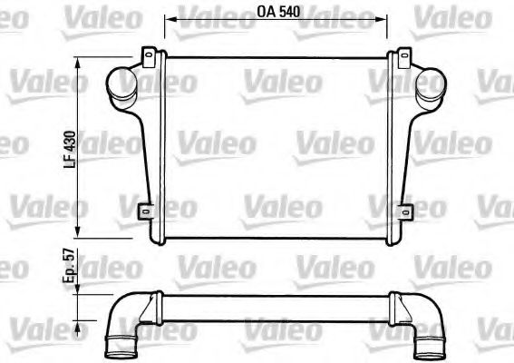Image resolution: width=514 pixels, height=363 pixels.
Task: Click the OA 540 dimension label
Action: [278, 15]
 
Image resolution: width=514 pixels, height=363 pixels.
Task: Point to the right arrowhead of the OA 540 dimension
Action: [385, 16]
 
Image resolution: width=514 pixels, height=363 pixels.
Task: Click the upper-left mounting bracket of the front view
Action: [147, 57]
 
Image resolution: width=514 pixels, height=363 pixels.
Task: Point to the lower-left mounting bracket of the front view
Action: [144, 212]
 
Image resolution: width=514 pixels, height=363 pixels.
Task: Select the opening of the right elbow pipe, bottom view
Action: [430, 346]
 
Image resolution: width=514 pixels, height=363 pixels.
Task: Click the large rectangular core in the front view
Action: [276, 145]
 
